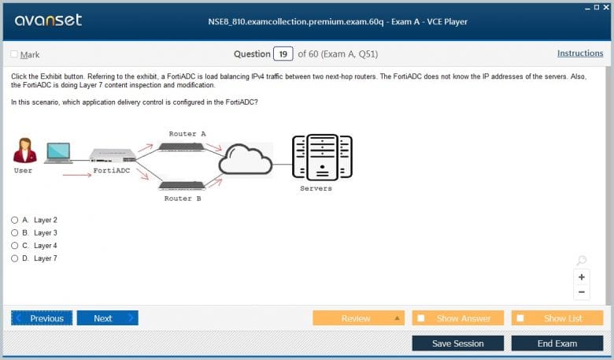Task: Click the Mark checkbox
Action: (x=14, y=54)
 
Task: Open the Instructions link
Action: (x=580, y=54)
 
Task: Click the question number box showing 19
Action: (x=283, y=54)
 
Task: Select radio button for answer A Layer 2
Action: (x=14, y=220)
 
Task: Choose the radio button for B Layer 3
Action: (x=14, y=232)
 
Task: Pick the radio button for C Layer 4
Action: (x=14, y=246)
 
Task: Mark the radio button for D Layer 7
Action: (x=14, y=258)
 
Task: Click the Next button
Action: (x=107, y=318)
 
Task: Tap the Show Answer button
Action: (x=458, y=318)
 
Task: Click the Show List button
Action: (x=557, y=318)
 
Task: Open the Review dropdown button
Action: (x=359, y=318)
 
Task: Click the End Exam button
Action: (x=557, y=343)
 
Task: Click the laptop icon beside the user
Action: (x=58, y=153)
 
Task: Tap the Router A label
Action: (x=187, y=134)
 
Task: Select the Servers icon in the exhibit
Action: (x=322, y=157)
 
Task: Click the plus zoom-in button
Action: (x=582, y=277)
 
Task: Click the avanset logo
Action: (x=48, y=20)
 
